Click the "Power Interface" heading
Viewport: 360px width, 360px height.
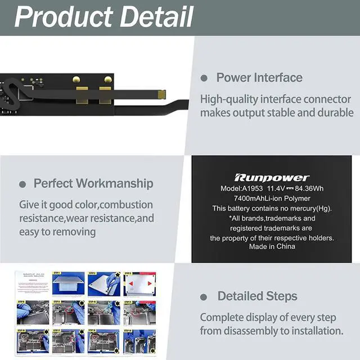[x=259, y=78]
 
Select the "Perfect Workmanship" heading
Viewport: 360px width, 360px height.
[x=93, y=183]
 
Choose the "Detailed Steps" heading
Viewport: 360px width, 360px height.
[x=258, y=296]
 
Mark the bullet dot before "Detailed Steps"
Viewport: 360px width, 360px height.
[x=204, y=297]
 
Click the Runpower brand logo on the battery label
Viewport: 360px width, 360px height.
[x=272, y=177]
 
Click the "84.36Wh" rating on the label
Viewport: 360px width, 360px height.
[x=308, y=188]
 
